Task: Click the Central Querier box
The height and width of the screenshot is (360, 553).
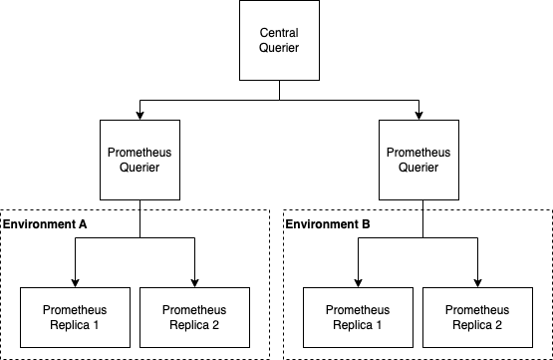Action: [x=278, y=41]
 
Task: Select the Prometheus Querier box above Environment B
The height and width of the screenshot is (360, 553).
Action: [x=417, y=160]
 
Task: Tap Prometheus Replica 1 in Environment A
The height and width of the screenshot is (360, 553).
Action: [x=75, y=317]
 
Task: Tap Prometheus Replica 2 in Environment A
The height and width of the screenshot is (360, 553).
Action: [x=194, y=317]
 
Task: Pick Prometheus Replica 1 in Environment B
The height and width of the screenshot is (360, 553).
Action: [x=357, y=317]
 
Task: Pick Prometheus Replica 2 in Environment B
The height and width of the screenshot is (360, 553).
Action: [x=476, y=317]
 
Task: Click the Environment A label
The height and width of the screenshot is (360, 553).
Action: [x=46, y=224]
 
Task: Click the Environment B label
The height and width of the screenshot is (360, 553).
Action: [x=329, y=224]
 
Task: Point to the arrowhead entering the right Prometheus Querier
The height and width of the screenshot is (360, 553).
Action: [x=417, y=115]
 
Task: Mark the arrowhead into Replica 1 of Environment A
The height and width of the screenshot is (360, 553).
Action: [x=75, y=282]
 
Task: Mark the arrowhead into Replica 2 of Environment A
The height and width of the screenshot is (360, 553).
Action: [x=194, y=282]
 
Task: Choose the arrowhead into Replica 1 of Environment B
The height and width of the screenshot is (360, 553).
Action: [x=357, y=282]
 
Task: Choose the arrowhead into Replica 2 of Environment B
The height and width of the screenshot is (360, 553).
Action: [x=476, y=282]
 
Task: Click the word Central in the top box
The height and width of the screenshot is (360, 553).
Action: [x=278, y=34]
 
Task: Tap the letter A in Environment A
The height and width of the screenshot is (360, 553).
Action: [x=83, y=224]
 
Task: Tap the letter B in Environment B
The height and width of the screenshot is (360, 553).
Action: [x=366, y=224]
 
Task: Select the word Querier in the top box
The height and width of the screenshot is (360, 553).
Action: [x=278, y=49]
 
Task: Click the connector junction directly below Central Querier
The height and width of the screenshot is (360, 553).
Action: [x=278, y=100]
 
